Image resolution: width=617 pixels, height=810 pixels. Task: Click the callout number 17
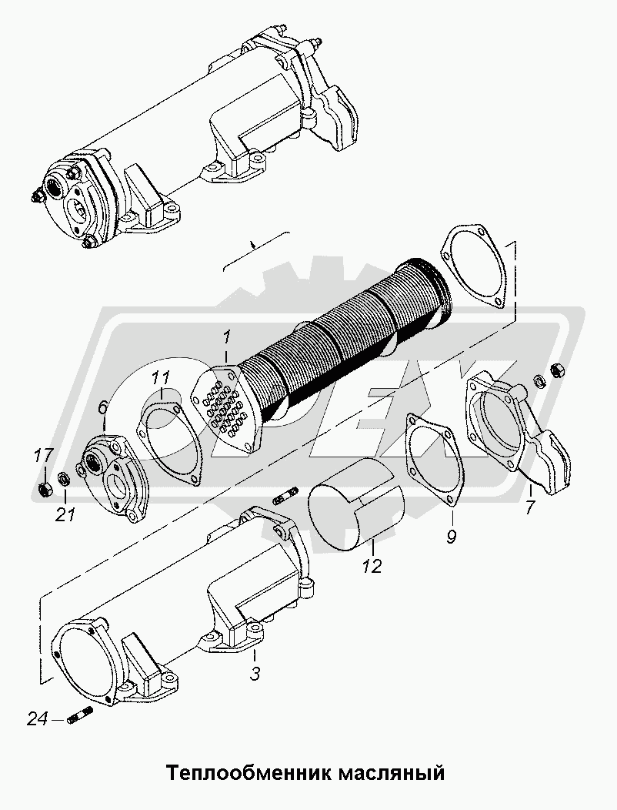coord(44,456)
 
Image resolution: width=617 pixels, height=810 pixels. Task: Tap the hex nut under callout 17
coord(45,486)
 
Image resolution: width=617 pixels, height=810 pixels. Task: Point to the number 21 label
coord(66,514)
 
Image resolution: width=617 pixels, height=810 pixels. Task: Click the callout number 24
coord(38,718)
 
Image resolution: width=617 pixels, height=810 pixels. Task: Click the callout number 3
coord(255,674)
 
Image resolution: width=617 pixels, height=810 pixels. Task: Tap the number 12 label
coord(372,566)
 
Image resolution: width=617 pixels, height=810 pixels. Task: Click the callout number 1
coord(226,339)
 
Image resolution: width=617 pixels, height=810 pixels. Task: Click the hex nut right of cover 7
coord(557,370)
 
